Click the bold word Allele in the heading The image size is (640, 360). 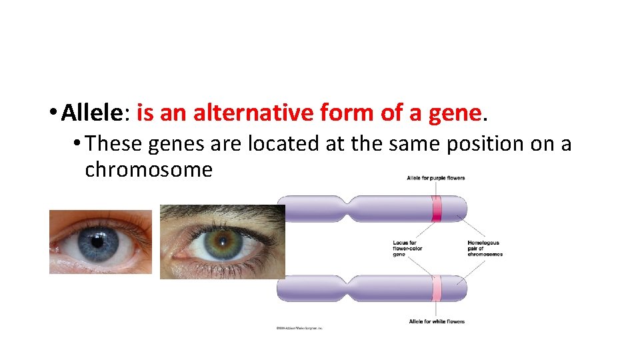pyautogui.click(x=92, y=113)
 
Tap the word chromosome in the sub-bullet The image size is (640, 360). pyautogui.click(x=149, y=169)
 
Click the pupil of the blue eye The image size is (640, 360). pyautogui.click(x=98, y=241)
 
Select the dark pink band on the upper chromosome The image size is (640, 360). pyautogui.click(x=437, y=209)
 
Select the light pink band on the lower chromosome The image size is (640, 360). pyautogui.click(x=437, y=288)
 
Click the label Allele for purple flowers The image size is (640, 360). pyautogui.click(x=435, y=178)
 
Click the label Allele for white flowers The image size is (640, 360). pyautogui.click(x=437, y=321)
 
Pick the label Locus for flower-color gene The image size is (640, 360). pyautogui.click(x=407, y=249)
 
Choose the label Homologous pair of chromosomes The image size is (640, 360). pyautogui.click(x=485, y=249)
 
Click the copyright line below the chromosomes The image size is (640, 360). pyautogui.click(x=299, y=328)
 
